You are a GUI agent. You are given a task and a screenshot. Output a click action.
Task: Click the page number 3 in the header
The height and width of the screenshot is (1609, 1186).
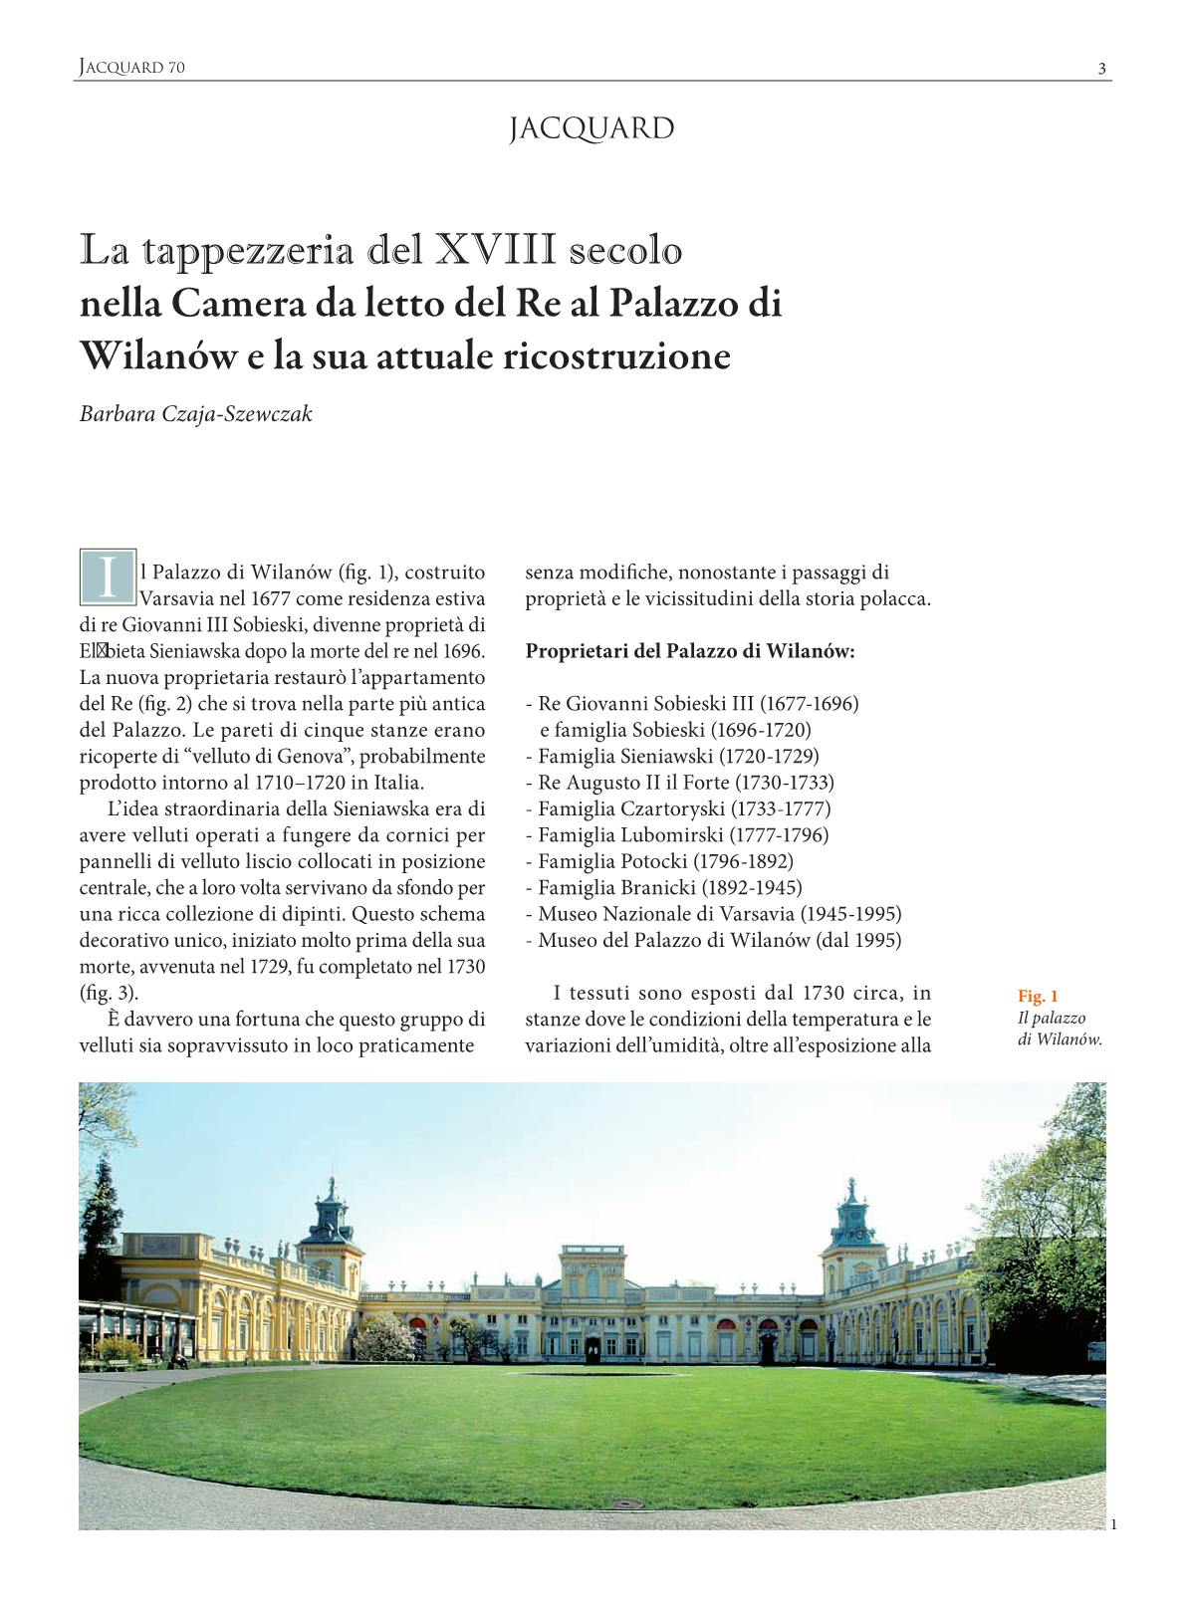(1101, 69)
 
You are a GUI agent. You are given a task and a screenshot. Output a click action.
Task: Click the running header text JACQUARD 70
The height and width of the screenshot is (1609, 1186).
(131, 68)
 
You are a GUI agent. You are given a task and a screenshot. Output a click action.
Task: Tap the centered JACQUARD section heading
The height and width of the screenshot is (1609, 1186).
(592, 129)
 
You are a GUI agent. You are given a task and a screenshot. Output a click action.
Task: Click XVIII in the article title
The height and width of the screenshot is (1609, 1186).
(495, 250)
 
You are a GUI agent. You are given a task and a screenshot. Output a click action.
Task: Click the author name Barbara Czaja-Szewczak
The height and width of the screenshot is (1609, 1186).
(196, 414)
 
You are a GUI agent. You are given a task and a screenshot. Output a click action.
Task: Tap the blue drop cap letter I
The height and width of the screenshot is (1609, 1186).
(107, 576)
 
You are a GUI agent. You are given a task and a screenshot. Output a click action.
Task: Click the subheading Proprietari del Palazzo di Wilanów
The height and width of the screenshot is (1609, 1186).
(690, 652)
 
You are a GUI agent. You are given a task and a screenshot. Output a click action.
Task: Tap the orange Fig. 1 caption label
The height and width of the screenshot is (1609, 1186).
(1038, 997)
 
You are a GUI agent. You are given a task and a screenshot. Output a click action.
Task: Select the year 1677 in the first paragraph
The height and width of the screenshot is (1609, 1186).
(270, 599)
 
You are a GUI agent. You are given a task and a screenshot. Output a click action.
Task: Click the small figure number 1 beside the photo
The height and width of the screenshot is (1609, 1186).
(1113, 1523)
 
